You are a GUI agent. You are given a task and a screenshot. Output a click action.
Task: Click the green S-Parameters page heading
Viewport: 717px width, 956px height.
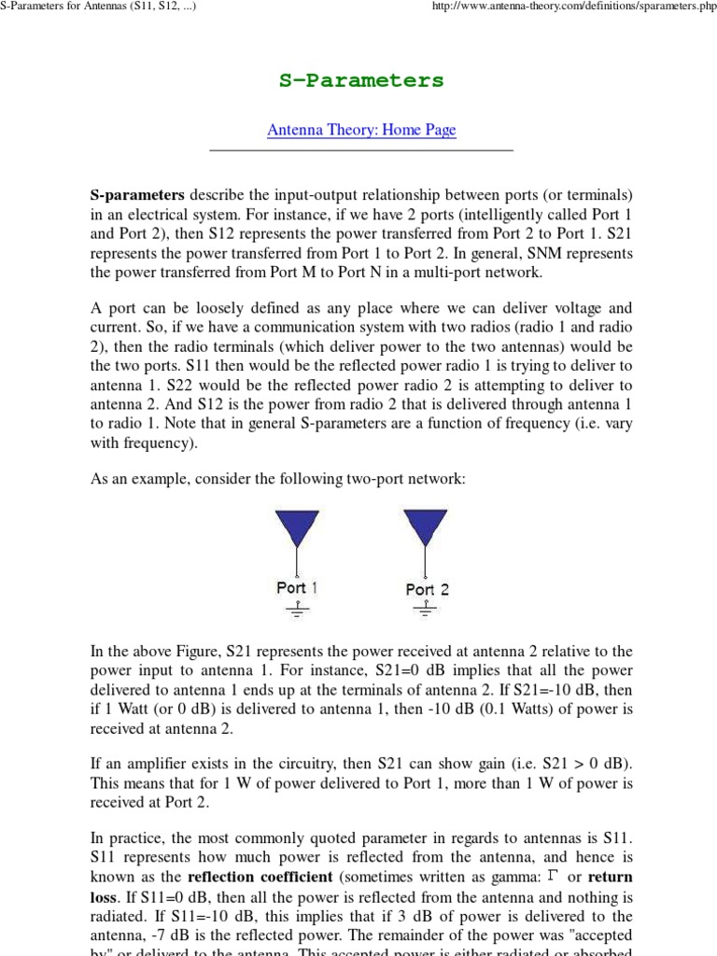pyautogui.click(x=361, y=80)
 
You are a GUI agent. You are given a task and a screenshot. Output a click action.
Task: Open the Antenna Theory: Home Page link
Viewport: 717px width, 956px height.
pyautogui.click(x=361, y=130)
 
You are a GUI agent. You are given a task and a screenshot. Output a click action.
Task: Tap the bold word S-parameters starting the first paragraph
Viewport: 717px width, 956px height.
pyautogui.click(x=137, y=195)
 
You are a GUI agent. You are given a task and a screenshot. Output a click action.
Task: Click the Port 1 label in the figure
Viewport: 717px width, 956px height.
pyautogui.click(x=297, y=588)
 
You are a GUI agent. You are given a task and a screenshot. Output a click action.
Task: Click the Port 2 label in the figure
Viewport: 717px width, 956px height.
pyautogui.click(x=427, y=589)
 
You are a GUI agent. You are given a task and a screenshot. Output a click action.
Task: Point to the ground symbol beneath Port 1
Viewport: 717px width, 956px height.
pyautogui.click(x=297, y=610)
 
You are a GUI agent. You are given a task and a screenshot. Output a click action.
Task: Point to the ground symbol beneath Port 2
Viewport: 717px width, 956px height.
pyautogui.click(x=426, y=610)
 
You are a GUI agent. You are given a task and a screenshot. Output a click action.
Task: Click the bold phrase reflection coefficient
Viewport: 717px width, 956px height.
pyautogui.click(x=246, y=877)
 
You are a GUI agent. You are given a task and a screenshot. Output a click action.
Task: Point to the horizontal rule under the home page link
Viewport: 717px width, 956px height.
pyautogui.click(x=361, y=149)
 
